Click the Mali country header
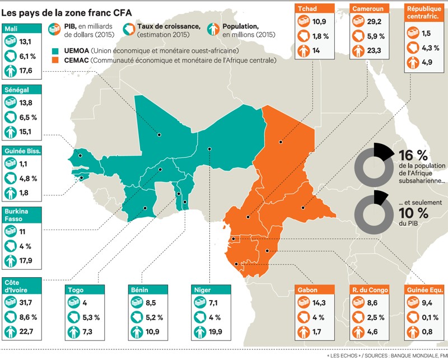[x=11, y=29]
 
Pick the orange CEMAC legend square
[x=54, y=60]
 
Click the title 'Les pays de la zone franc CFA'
[x=67, y=10]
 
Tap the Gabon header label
[x=308, y=290]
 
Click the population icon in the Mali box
[x=11, y=70]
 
